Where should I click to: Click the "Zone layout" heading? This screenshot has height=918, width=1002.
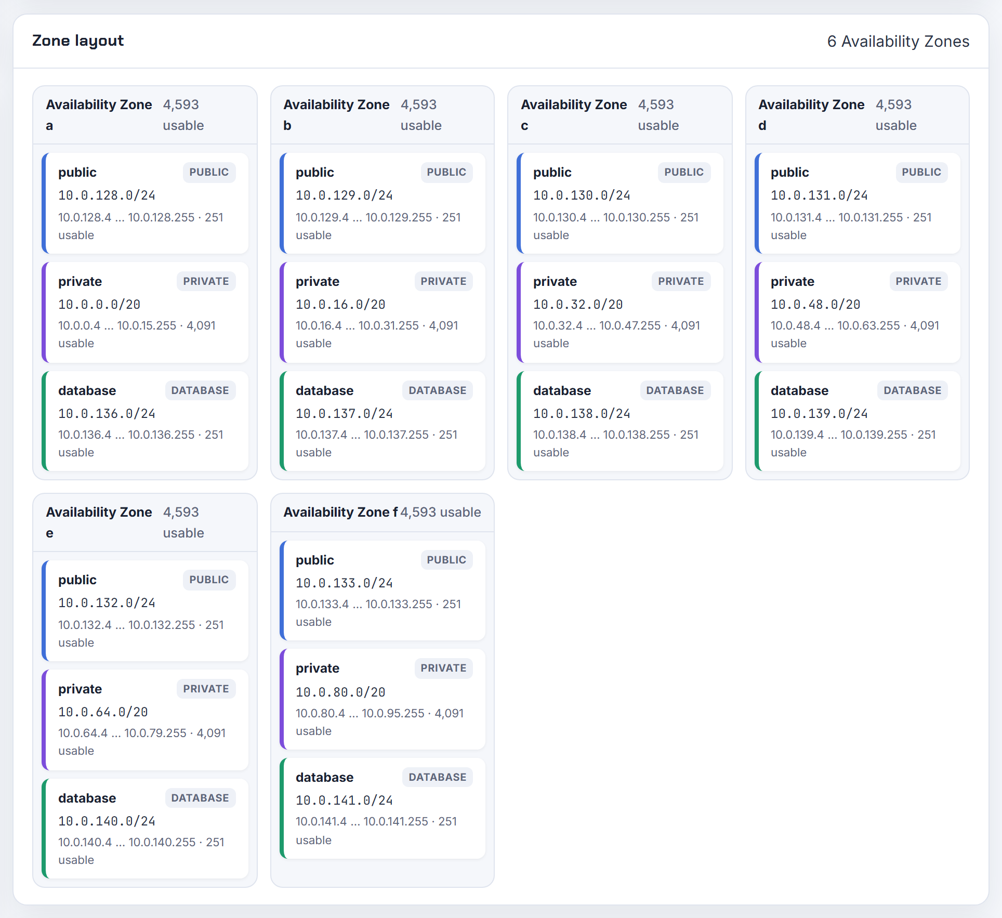coord(78,41)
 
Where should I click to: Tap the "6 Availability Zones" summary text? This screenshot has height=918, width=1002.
coord(898,41)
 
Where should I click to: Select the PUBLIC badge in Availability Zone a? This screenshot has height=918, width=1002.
coord(209,172)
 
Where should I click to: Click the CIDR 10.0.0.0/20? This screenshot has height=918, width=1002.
coord(99,304)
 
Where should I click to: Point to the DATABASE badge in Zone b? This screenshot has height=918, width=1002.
coord(437,390)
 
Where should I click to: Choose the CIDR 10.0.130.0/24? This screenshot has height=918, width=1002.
coord(582,195)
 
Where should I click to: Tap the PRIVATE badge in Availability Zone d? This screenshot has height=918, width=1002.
coord(918,281)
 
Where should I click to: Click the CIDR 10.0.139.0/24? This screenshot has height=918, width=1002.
coord(819,413)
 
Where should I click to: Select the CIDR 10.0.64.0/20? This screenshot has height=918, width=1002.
coord(103,712)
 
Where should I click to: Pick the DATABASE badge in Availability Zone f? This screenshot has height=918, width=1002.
coord(437,777)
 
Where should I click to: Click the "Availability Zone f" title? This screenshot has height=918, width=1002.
coord(341,512)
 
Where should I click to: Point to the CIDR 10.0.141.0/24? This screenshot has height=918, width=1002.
coord(344,800)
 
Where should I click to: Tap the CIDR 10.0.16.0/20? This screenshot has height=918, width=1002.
coord(340,304)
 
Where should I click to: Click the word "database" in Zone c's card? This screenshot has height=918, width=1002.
coord(562,390)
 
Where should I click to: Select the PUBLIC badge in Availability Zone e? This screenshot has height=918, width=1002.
coord(209,580)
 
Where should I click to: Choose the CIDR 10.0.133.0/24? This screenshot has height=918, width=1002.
coord(344,583)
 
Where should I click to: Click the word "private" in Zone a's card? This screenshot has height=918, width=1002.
coord(80,282)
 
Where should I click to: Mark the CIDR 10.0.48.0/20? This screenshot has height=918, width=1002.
coord(815,304)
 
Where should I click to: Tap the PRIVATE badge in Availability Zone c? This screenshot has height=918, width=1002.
coord(681,281)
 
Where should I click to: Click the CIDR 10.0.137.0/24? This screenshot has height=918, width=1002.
coord(344,413)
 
